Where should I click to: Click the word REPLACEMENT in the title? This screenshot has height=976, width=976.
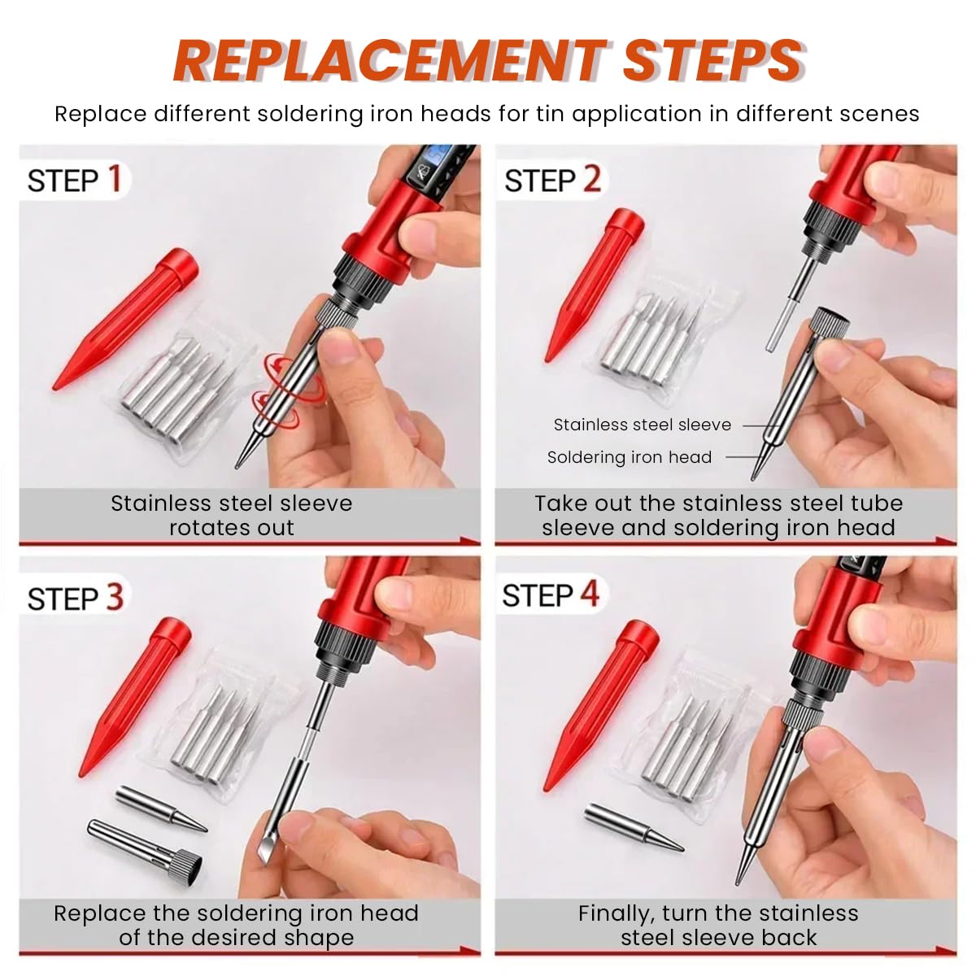coord(390,61)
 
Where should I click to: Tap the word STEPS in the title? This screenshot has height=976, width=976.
coord(713,61)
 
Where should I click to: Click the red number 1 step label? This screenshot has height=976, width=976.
coord(115,179)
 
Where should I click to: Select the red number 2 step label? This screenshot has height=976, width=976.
coord(591,179)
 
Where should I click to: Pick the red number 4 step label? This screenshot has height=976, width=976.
coord(590,593)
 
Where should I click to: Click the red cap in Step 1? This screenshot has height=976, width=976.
coord(125,318)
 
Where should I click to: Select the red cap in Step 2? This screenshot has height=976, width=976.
coord(595,285)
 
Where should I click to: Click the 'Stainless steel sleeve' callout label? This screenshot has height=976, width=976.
coord(642,425)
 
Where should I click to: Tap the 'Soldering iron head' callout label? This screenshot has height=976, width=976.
coord(629,457)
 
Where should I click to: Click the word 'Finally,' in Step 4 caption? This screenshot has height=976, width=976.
coord(616,914)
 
